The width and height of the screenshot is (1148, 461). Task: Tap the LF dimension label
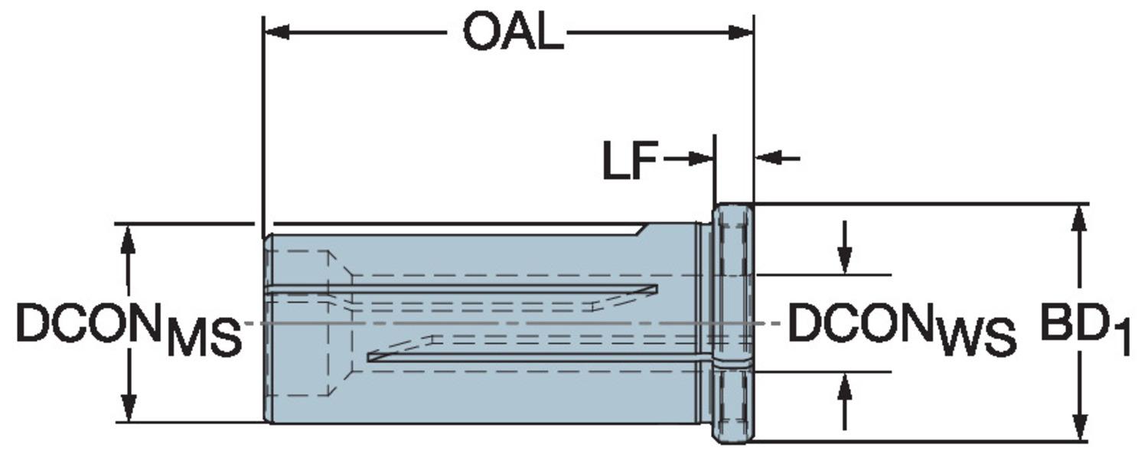point(630,161)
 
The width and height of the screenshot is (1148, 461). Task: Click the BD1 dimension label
point(1084,328)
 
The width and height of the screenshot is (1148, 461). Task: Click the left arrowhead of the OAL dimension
point(276,32)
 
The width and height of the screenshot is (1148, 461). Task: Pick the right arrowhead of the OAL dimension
point(742,32)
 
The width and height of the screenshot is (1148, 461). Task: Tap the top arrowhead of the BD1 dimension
point(1079,217)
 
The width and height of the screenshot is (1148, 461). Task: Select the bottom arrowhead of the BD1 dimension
point(1079,429)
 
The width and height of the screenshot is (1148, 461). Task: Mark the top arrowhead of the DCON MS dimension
point(129,237)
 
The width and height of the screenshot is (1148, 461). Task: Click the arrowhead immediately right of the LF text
point(700,159)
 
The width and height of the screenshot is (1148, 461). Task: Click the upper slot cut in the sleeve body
point(459,289)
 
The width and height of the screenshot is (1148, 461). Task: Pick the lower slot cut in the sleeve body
point(536,357)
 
